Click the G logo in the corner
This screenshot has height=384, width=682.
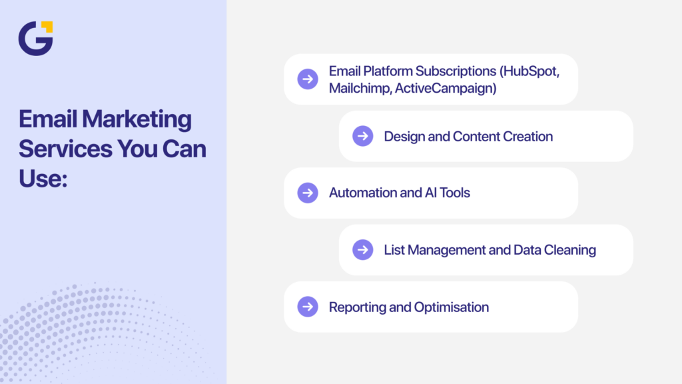[34, 39]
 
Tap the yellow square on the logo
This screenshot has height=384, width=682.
[47, 27]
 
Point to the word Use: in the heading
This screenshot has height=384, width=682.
[43, 177]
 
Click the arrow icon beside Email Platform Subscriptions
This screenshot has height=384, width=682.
[308, 79]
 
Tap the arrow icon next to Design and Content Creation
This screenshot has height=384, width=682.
[362, 136]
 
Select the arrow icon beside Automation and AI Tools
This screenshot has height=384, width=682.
[308, 193]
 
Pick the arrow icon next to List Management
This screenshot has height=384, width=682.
[362, 249]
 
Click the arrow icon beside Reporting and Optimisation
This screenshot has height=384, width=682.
[308, 307]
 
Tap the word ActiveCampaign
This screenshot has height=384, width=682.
[446, 88]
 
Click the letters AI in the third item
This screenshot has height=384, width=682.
[432, 193]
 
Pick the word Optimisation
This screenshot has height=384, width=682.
[452, 307]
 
